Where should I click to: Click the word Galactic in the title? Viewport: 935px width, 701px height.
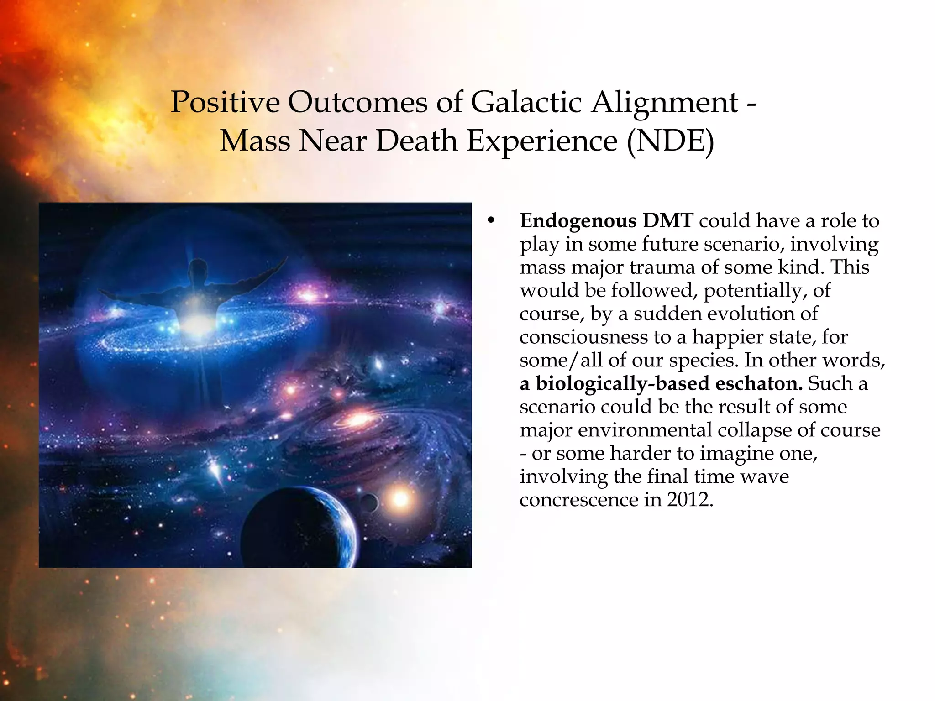pyautogui.click(x=525, y=102)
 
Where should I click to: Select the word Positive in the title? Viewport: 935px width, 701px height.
pyautogui.click(x=225, y=102)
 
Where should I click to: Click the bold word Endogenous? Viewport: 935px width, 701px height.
pyautogui.click(x=578, y=221)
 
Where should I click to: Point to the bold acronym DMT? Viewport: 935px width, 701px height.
pyautogui.click(x=668, y=221)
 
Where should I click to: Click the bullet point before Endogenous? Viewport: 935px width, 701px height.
pyautogui.click(x=491, y=221)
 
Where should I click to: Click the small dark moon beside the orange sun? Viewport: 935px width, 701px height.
pyautogui.click(x=368, y=502)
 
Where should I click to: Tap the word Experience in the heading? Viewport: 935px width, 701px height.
pyautogui.click(x=542, y=141)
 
